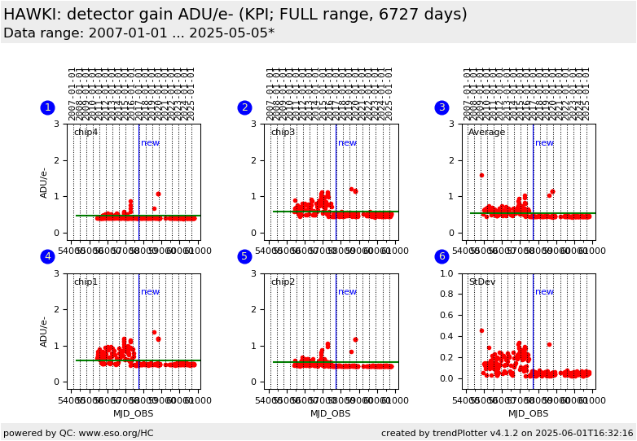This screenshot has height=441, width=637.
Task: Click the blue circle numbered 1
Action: pyautogui.click(x=47, y=107)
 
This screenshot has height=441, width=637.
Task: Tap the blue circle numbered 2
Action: pyautogui.click(x=244, y=107)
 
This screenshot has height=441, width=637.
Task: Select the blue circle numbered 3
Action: pyautogui.click(x=442, y=107)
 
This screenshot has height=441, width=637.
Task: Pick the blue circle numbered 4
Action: pyautogui.click(x=47, y=256)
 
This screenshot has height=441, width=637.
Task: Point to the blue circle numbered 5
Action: pyautogui.click(x=244, y=256)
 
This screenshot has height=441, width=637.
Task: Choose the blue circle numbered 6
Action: pyautogui.click(x=442, y=256)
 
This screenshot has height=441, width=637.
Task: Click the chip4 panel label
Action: pyautogui.click(x=86, y=133)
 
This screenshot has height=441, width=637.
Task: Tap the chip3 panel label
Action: pyautogui.click(x=283, y=133)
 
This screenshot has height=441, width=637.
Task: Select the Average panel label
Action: pyautogui.click(x=486, y=133)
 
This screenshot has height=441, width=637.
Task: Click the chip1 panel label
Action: pyautogui.click(x=86, y=282)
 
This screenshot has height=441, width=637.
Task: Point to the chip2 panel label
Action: pyautogui.click(x=283, y=282)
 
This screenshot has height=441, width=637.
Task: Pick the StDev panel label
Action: pyautogui.click(x=482, y=282)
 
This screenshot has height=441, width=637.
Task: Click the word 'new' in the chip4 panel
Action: pyautogui.click(x=150, y=143)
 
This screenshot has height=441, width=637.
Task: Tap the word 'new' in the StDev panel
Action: pyautogui.click(x=544, y=292)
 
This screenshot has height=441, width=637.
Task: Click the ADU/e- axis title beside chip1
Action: pyautogui.click(x=45, y=331)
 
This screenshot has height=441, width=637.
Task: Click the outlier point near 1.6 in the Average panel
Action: pyautogui.click(x=481, y=175)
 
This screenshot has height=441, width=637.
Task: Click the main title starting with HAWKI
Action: pyautogui.click(x=235, y=15)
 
